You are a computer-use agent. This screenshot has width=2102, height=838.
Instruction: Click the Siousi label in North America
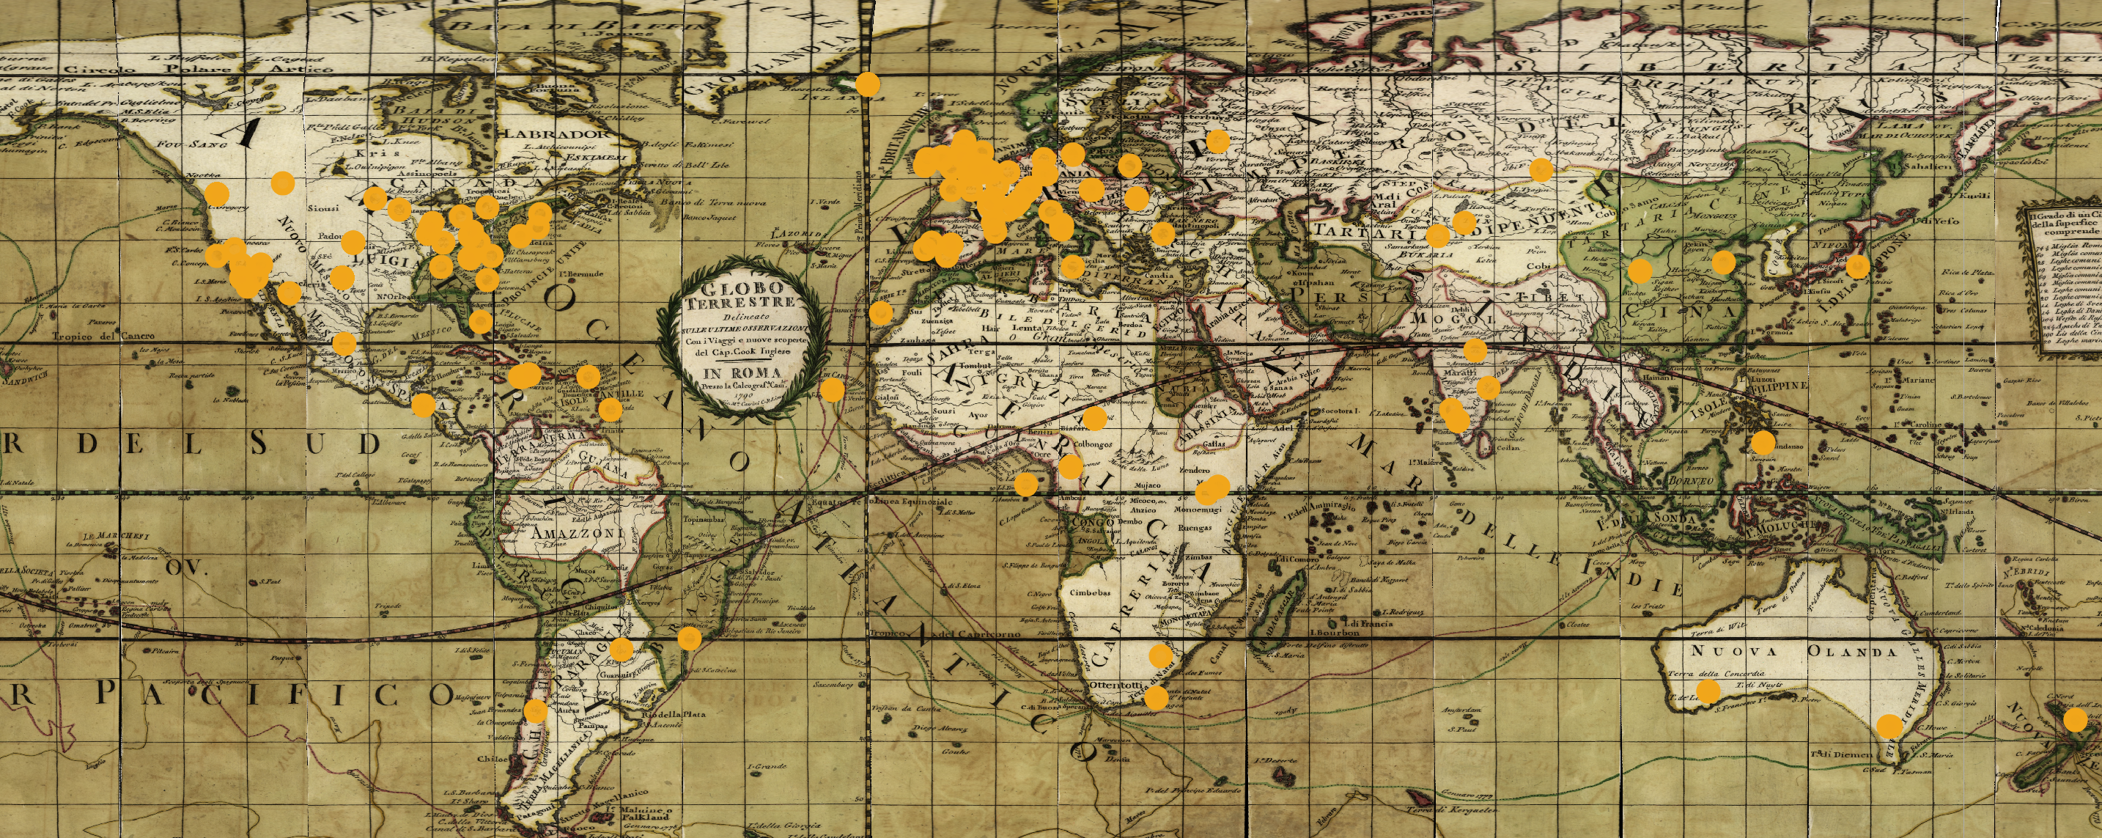[322, 210]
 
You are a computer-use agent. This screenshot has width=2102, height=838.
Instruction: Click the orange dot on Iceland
[867, 84]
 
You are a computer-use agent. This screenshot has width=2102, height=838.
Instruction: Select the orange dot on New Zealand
[2075, 721]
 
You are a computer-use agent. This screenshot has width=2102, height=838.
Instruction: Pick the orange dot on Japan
[1857, 266]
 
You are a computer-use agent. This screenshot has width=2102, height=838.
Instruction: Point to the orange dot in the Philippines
[1763, 443]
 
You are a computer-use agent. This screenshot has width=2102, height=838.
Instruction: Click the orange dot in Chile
[535, 710]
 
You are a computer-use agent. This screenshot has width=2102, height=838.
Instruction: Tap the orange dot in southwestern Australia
[1707, 692]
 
